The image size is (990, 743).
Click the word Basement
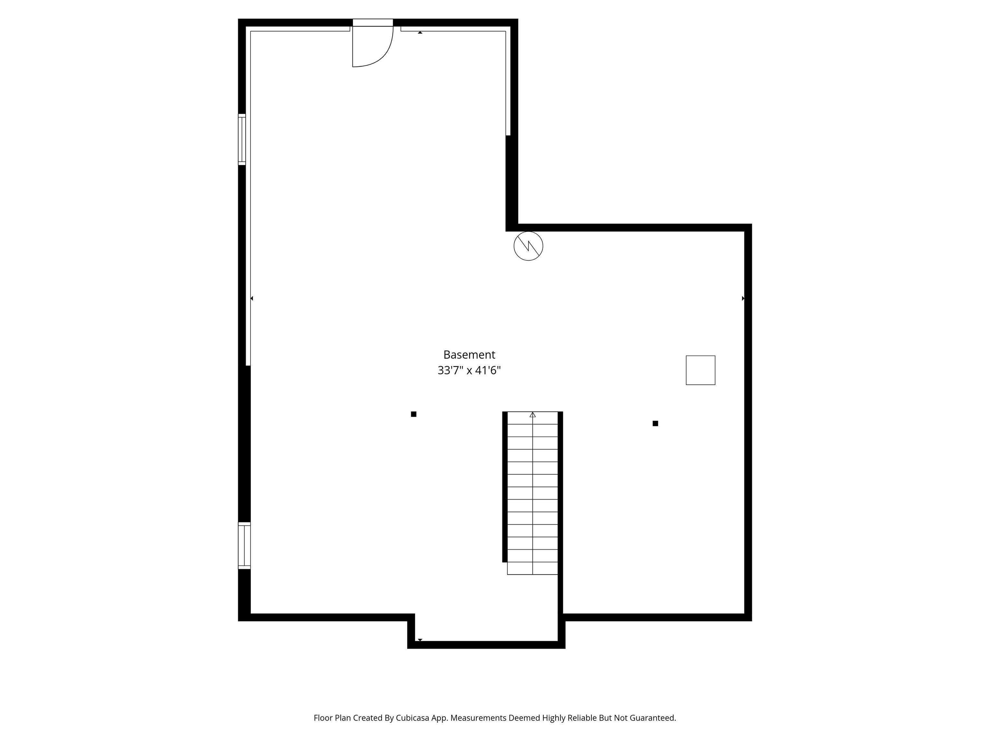pos(469,355)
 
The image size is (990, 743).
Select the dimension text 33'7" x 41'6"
pos(469,371)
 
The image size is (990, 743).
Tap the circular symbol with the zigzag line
pos(528,246)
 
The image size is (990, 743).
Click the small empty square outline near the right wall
pos(700,370)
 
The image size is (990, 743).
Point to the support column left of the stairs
pos(413,414)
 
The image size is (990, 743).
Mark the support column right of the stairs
pos(655,423)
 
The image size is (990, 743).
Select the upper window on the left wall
pos(242,139)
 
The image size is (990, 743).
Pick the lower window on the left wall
pos(244,546)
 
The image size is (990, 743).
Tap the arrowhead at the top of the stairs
pos(533,415)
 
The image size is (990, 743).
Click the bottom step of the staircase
pos(533,568)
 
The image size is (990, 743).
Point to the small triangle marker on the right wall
pos(743,298)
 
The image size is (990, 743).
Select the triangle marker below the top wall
pos(420,33)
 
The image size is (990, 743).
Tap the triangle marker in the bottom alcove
pos(420,639)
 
